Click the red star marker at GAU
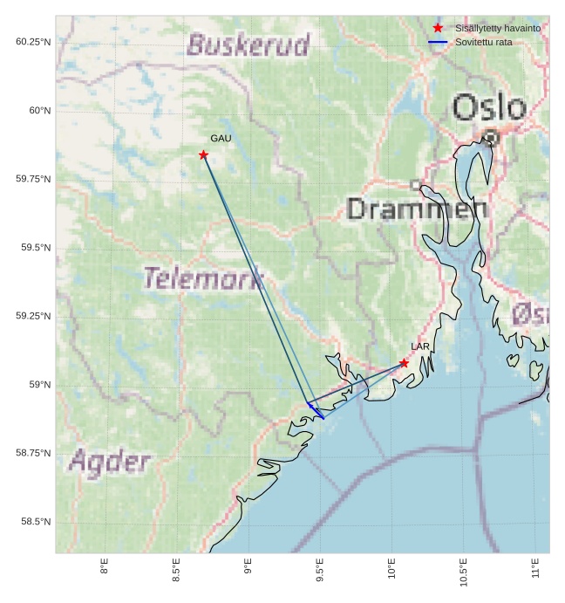click(203, 155)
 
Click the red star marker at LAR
click(404, 363)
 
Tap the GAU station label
click(221, 139)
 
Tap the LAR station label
click(420, 347)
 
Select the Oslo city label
click(489, 108)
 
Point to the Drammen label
click(417, 209)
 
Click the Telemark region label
click(203, 278)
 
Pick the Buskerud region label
click(248, 45)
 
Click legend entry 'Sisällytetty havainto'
click(497, 28)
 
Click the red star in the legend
click(438, 28)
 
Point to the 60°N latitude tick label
click(39, 111)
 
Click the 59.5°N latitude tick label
click(36, 248)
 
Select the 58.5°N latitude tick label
click(36, 522)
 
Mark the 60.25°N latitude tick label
click(33, 42)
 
